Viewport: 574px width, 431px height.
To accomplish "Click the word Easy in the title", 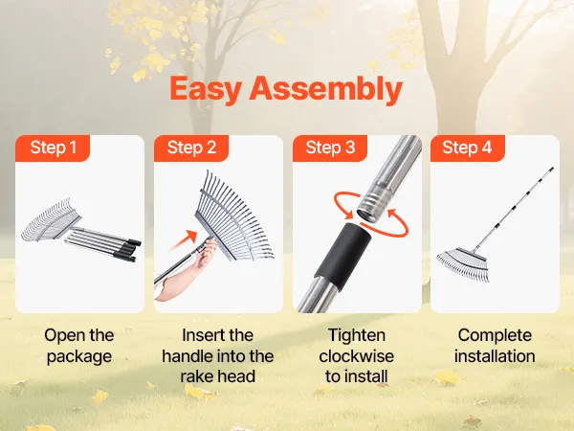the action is coord(206,89).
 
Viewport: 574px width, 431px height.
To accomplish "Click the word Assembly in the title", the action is coord(326,89).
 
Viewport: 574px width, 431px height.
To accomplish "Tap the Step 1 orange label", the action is coord(53,147).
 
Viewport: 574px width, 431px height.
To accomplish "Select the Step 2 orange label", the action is coord(191,147).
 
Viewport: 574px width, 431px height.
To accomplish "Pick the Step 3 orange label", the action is coord(330,147).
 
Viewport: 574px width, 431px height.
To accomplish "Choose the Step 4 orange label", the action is coord(468,147).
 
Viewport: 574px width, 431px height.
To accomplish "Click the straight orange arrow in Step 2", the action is coord(184,240).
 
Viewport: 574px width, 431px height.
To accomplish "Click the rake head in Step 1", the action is coord(51,219).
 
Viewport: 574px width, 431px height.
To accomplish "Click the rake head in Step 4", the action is coord(463,263).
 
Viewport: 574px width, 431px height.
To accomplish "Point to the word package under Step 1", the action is coord(79,356).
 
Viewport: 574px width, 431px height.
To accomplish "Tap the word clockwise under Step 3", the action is coord(357,356).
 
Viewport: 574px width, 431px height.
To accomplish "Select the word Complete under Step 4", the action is coord(495,336).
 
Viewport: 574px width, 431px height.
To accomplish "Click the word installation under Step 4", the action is coord(495,356).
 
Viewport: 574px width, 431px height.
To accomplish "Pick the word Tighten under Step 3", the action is coord(357,336).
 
